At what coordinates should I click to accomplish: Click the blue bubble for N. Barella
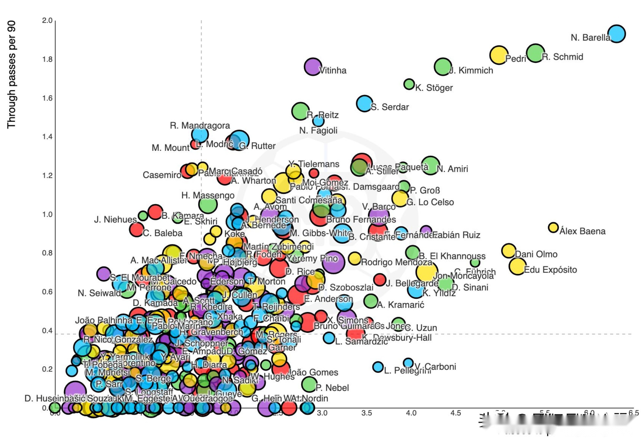(x=616, y=34)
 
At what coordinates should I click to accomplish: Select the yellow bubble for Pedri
(x=499, y=55)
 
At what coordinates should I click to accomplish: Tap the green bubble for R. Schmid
(x=535, y=53)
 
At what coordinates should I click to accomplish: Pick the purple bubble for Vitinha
(x=313, y=67)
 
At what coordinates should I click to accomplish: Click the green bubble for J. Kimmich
(x=442, y=66)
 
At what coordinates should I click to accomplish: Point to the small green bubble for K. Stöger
(x=409, y=84)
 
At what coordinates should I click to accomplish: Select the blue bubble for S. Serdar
(x=364, y=104)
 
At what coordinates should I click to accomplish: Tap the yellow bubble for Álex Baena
(x=553, y=227)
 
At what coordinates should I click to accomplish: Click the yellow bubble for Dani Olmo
(x=508, y=251)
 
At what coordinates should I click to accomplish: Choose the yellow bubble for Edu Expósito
(x=517, y=266)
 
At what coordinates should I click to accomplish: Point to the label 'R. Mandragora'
(x=200, y=126)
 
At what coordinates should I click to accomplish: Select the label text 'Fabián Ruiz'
(x=456, y=235)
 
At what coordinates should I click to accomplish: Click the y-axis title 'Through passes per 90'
(x=11, y=75)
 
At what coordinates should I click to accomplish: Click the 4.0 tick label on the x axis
(x=411, y=413)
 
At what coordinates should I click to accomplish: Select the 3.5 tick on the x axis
(x=367, y=413)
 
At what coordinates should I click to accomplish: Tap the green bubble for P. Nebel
(x=309, y=384)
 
